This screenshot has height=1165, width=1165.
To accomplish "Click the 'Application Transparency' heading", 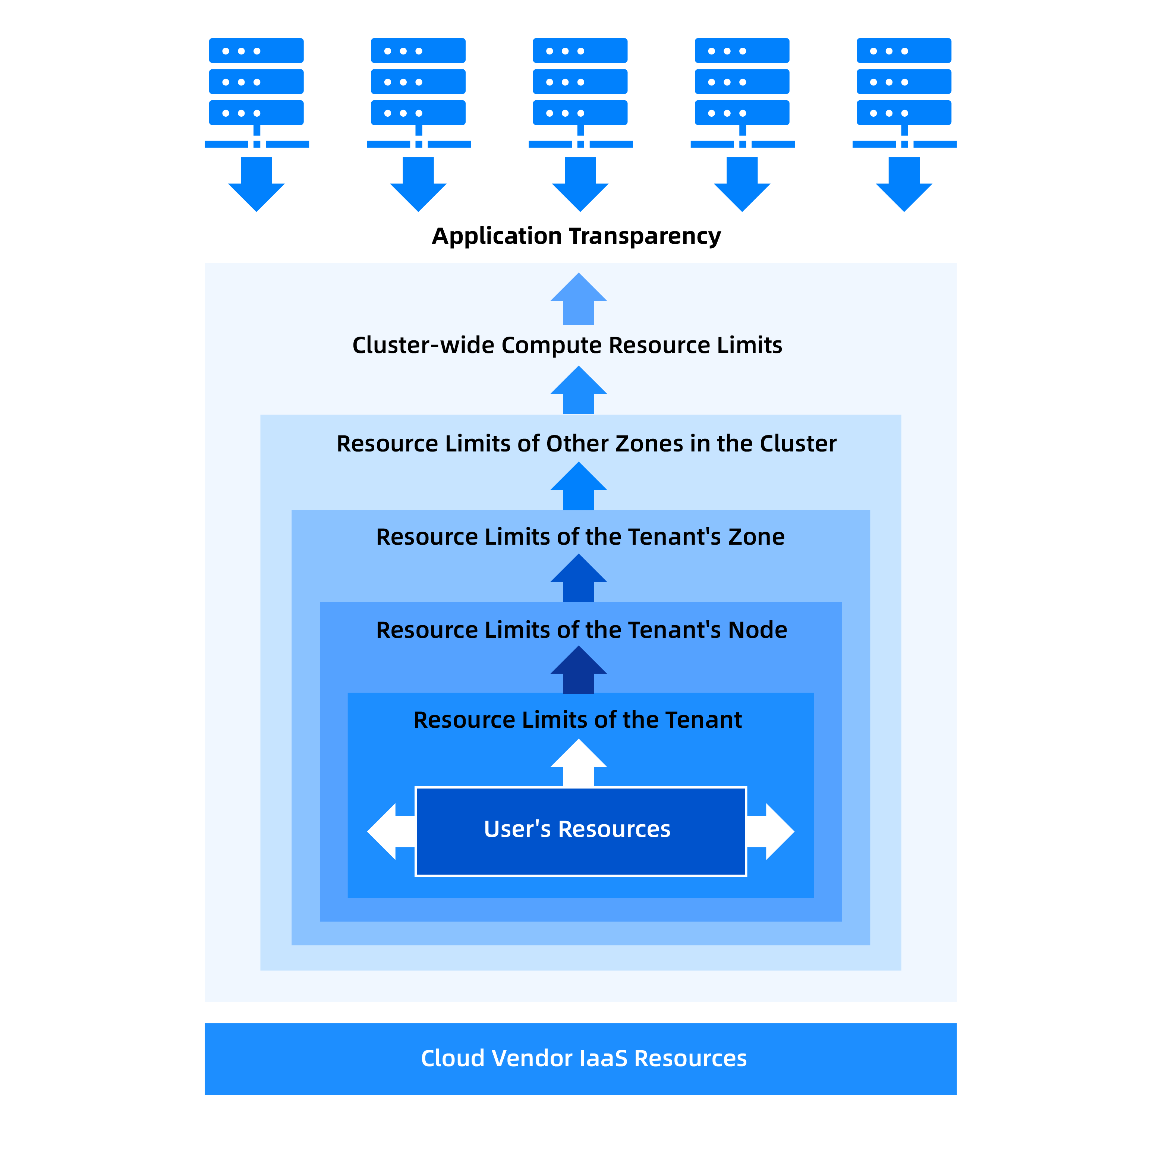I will pos(576,236).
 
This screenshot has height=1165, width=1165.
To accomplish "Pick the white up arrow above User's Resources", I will pos(578,763).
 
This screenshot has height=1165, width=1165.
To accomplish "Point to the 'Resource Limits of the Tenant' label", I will pos(577,720).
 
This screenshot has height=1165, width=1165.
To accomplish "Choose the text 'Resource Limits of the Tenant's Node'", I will pos(581,630).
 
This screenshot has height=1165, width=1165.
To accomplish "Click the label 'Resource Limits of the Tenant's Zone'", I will pos(580,537).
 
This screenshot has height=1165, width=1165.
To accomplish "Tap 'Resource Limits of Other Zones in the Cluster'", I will pos(586,444).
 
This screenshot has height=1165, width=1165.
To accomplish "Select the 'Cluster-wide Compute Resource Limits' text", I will pos(567,345).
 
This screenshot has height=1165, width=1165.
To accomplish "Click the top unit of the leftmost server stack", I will pos(256,51).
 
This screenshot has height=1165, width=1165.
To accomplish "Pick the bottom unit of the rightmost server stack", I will pos(904,113).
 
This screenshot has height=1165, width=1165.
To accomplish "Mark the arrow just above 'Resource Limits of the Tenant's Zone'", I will pos(578,487).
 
